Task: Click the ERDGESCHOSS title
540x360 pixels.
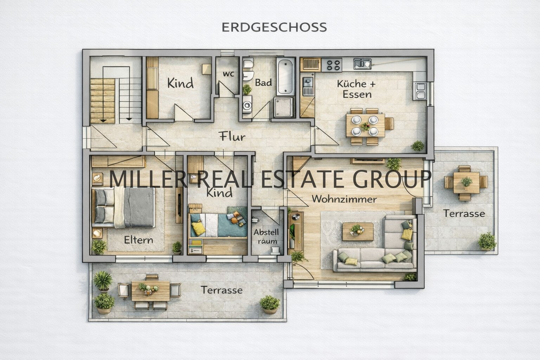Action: pos(274,27)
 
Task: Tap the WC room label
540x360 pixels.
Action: pos(228,74)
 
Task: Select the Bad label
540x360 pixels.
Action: pos(263,83)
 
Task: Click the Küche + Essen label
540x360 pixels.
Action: pos(356,89)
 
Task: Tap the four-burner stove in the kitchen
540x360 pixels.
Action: pos(333,64)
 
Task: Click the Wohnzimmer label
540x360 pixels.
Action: pos(344,199)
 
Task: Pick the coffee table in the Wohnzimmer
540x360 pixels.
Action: pos(358,231)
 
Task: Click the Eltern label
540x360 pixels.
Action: pos(139,240)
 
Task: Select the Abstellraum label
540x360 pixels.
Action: pos(266,237)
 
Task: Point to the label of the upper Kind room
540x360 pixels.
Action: pos(180,84)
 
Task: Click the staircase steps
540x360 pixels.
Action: pos(103,101)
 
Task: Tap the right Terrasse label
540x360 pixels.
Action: pos(464,213)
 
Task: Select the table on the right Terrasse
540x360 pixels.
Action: pos(466,182)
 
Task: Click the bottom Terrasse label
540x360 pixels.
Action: pos(221,290)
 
